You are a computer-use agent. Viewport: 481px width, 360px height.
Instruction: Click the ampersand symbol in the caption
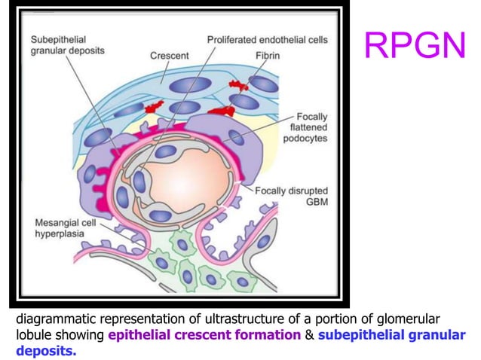click(x=308, y=335)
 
